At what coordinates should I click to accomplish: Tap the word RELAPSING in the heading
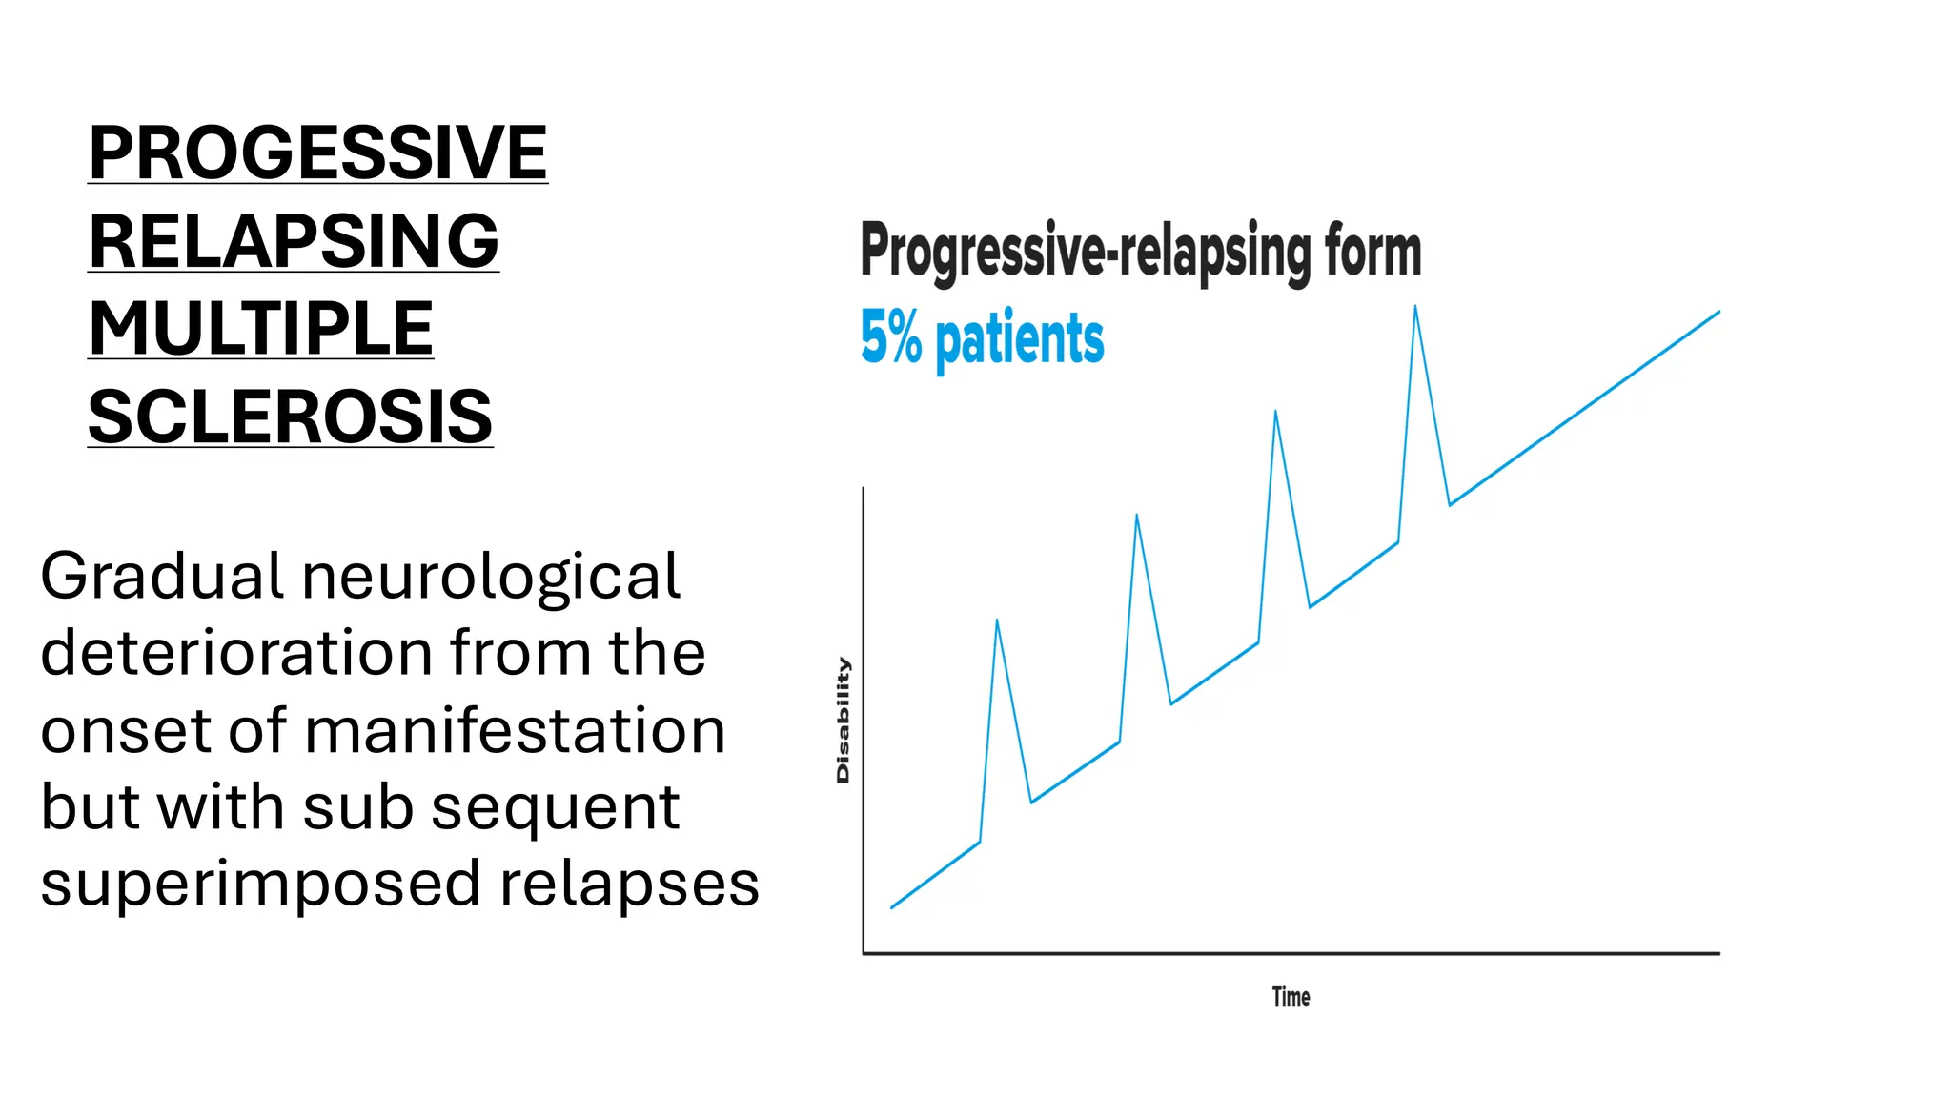coord(294,241)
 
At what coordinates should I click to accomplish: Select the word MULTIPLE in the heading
coord(260,329)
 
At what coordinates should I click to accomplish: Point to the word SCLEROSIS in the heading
coord(290,417)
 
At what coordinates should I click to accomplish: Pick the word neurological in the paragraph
coord(490,577)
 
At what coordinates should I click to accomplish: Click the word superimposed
coord(260,884)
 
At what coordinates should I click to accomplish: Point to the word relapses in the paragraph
coord(629,884)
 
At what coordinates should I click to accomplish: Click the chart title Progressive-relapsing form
coord(1140,251)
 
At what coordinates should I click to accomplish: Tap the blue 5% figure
coord(890,337)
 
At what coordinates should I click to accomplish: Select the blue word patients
coord(1019,339)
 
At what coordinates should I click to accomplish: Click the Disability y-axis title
coord(843,720)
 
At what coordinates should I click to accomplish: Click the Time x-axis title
coord(1291,997)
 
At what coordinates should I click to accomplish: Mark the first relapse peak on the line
coord(997,620)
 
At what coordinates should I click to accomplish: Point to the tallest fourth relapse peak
coord(1415,307)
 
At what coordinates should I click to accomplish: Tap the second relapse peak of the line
coord(1136,516)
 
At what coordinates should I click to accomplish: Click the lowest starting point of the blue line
coord(892,907)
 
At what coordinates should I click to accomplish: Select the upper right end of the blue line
coord(1718,312)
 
